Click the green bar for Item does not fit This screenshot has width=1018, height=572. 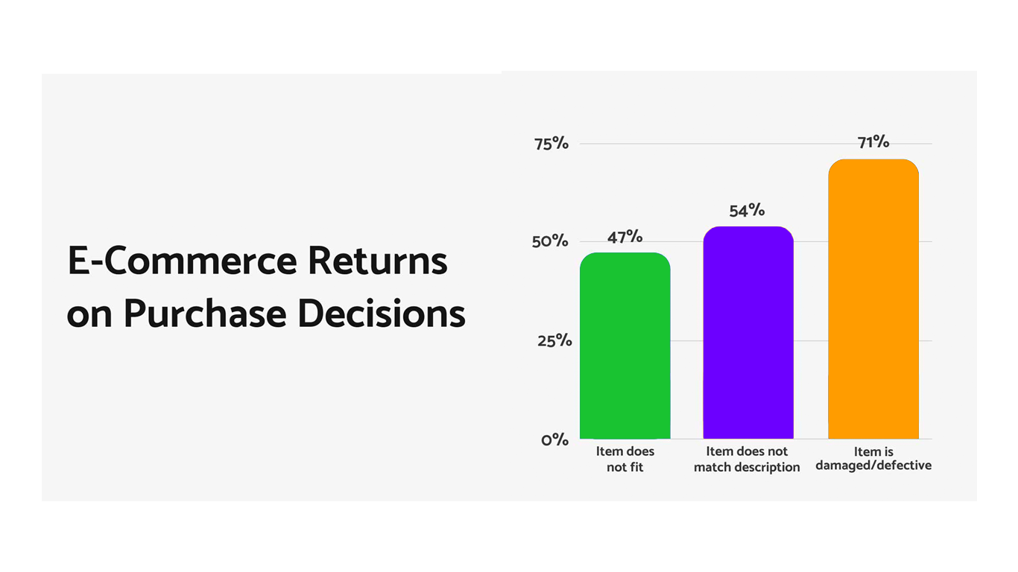625,346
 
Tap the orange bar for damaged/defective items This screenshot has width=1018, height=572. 873,299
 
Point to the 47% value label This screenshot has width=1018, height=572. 625,237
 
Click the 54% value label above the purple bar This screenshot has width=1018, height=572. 747,211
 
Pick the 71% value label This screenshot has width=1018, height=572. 873,142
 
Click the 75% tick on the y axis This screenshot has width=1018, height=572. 551,144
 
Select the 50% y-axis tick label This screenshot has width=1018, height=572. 551,241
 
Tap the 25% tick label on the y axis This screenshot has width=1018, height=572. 553,340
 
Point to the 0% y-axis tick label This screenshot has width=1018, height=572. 554,439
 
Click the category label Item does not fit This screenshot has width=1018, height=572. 625,459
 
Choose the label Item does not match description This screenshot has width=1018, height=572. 747,459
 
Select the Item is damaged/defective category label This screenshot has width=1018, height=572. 873,458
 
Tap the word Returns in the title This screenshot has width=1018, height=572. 378,261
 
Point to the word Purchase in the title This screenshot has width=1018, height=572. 204,314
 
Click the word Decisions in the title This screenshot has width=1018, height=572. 382,314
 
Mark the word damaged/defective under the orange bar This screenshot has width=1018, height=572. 873,465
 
